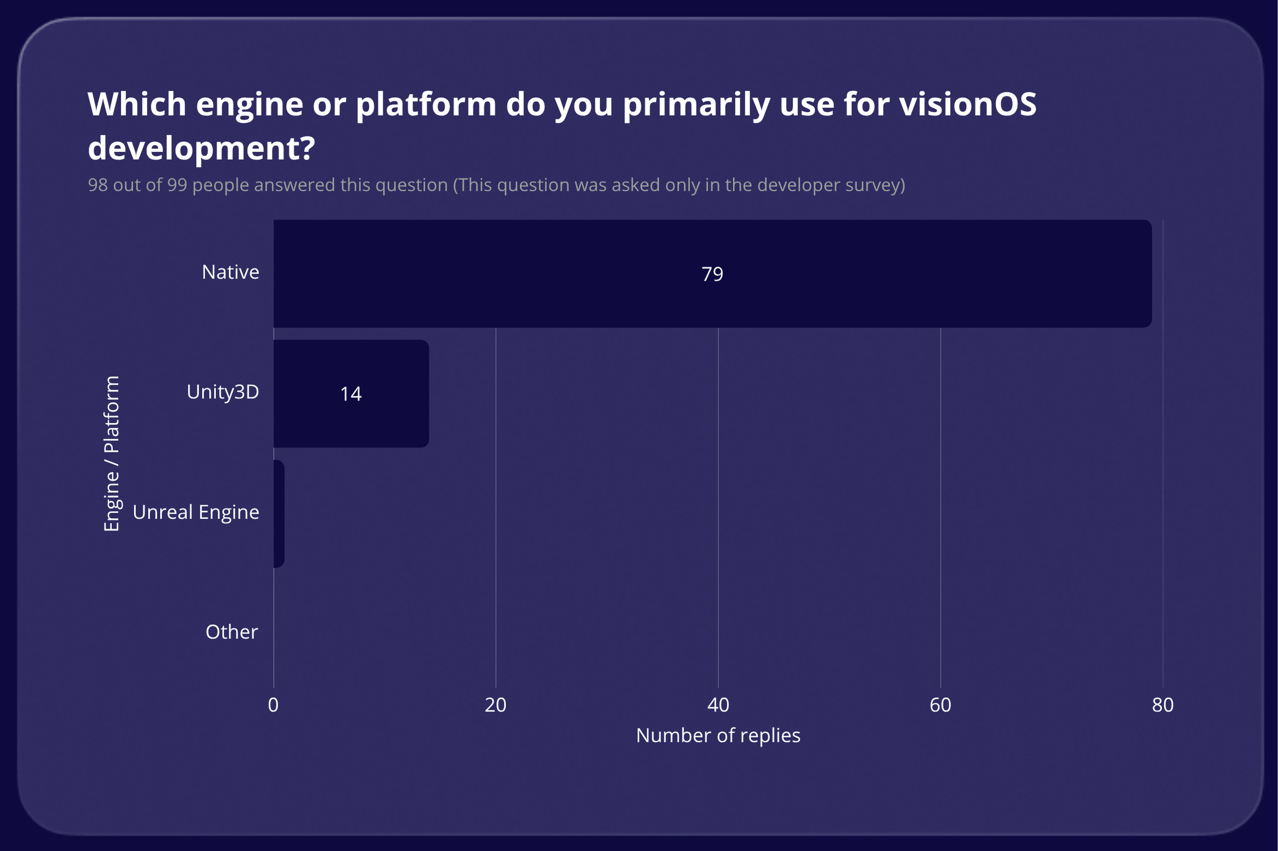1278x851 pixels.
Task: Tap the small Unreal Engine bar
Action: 279,514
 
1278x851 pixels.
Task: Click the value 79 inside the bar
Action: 712,274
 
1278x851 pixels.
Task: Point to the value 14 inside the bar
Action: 351,394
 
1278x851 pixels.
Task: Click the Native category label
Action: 230,272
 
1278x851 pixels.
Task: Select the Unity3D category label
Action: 222,392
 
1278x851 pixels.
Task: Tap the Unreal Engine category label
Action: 196,512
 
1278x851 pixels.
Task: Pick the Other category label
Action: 231,632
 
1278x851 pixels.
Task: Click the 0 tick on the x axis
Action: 273,705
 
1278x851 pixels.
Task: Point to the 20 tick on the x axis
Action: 496,705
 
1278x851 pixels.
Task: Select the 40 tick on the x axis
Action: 718,705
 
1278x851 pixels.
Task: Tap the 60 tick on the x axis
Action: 941,705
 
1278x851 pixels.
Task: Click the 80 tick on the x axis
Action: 1162,705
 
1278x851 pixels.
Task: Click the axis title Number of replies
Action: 718,735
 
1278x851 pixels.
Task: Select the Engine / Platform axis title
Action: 111,453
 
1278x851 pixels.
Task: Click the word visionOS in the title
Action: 968,104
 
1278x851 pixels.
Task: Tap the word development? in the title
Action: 201,148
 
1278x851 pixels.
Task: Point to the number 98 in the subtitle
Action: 98,185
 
